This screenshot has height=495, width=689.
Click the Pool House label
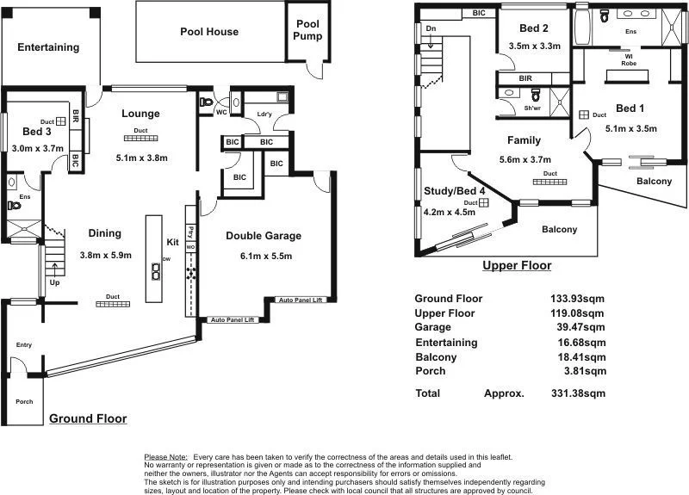pyautogui.click(x=209, y=32)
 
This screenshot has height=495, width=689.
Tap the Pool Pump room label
pyautogui.click(x=308, y=30)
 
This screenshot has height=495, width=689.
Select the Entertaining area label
pyautogui.click(x=48, y=48)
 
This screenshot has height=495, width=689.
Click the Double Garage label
pyautogui.click(x=264, y=236)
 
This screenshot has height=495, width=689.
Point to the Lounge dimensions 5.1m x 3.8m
pyautogui.click(x=141, y=158)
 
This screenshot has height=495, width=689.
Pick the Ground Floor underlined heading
pyautogui.click(x=88, y=418)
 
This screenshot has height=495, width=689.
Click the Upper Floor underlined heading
pyautogui.click(x=517, y=266)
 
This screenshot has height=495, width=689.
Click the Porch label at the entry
pyautogui.click(x=24, y=402)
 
